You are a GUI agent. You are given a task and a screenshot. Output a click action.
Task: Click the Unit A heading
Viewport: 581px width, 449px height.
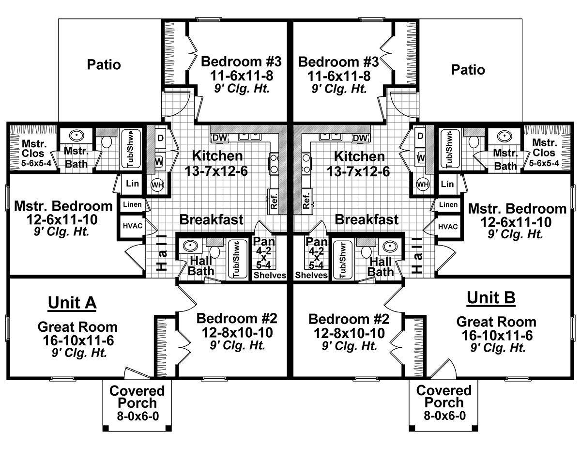[x=72, y=303]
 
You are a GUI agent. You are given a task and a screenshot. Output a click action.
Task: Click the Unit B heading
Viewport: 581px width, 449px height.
[x=491, y=298]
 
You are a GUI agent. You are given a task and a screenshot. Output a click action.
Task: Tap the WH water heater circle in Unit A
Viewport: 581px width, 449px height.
[x=157, y=185]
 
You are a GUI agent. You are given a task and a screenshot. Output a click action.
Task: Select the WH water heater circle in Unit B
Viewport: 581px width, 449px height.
[x=423, y=184]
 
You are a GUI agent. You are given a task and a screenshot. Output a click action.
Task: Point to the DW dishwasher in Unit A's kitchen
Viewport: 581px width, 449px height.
[x=220, y=138]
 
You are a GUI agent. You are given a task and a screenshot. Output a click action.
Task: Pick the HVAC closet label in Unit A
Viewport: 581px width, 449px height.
[x=133, y=226]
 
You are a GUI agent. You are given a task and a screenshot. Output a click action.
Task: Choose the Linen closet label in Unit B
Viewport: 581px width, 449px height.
[x=448, y=204]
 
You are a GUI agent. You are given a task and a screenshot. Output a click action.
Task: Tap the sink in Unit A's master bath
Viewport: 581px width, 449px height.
[x=76, y=136]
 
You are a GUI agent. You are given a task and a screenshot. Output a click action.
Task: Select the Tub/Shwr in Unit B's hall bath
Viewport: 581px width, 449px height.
[x=342, y=260]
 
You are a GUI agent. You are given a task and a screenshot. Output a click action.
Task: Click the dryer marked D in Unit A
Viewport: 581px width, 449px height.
[x=160, y=138]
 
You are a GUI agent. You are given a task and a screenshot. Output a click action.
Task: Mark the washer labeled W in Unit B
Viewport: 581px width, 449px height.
[x=421, y=158]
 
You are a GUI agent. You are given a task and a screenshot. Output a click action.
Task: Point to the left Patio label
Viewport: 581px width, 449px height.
[x=104, y=65]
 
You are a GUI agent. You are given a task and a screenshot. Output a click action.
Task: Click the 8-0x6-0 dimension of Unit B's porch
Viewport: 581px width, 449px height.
[x=444, y=416]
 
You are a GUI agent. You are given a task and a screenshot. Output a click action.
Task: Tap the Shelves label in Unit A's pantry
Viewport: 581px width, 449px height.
[x=270, y=275]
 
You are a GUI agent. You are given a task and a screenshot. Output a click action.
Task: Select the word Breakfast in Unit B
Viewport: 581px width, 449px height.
[x=367, y=219]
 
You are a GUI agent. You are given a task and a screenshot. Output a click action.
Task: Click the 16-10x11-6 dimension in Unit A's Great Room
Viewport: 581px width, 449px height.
[x=78, y=341]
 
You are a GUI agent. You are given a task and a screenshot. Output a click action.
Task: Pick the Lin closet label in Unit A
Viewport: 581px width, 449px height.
[x=132, y=184]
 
